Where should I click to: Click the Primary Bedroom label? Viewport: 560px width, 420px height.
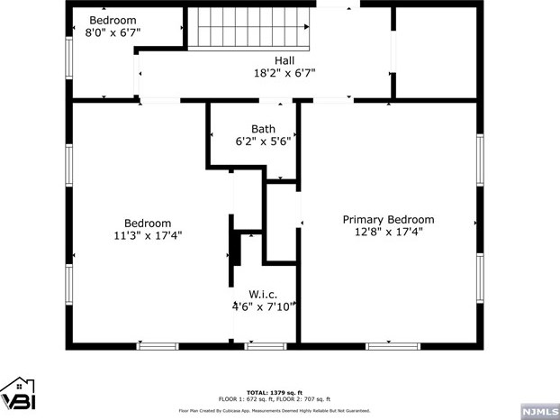[x=388, y=219]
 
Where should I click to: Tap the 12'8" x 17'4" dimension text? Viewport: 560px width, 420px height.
[x=388, y=232]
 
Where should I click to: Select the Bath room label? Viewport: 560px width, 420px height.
[x=263, y=129]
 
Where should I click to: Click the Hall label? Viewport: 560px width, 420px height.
[x=285, y=60]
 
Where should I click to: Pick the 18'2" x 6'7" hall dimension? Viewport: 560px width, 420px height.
[x=285, y=73]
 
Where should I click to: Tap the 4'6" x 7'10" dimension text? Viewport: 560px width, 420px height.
[x=264, y=306]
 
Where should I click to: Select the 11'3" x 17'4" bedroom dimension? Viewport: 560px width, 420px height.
[x=147, y=236]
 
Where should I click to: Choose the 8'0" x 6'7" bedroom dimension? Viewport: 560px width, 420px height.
[x=113, y=32]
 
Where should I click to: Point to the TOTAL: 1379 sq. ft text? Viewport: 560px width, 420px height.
[x=275, y=392]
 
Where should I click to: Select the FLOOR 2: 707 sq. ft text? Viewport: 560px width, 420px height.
[x=303, y=399]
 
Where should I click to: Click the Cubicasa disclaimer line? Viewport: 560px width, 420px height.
[x=275, y=410]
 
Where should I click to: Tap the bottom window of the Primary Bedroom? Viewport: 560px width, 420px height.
[x=392, y=345]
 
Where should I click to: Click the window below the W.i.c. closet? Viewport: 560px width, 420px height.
[x=265, y=345]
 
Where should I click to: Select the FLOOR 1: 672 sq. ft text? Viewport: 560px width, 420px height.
[x=245, y=399]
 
